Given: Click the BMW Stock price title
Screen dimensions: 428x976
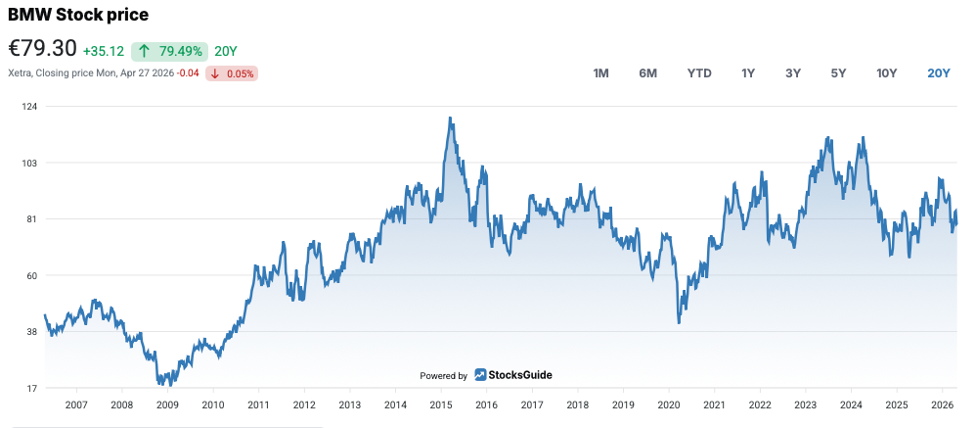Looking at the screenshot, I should (x=78, y=15).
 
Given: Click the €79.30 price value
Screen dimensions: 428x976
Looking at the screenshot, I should (x=42, y=50).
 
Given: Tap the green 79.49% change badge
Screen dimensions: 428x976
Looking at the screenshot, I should (x=170, y=51).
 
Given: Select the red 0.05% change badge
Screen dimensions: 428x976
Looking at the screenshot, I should (x=232, y=73).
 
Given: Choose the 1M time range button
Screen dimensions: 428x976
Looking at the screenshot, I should (x=601, y=73).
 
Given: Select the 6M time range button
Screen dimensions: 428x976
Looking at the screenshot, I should (x=647, y=73).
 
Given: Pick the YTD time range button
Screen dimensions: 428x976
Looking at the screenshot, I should (x=699, y=73).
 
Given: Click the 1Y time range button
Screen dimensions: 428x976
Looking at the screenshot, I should (x=748, y=73).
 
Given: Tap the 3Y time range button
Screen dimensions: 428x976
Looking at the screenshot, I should (x=793, y=73).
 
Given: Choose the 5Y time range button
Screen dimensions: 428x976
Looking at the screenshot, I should (x=838, y=73).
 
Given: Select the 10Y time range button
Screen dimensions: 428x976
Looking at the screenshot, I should (x=887, y=73).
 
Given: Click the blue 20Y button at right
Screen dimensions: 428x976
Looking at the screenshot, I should (x=939, y=73).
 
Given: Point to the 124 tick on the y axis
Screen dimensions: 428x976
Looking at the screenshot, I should (x=29, y=106).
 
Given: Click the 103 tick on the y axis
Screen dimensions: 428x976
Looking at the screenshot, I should (x=29, y=163).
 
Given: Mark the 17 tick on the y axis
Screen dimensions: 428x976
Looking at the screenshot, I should (x=31, y=389).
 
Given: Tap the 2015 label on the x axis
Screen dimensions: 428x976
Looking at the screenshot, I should (x=441, y=404).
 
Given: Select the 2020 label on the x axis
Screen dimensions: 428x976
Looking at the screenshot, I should (x=669, y=404).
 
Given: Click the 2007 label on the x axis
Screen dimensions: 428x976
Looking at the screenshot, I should (x=76, y=404).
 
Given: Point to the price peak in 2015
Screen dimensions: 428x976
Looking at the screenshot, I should (x=449, y=119).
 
